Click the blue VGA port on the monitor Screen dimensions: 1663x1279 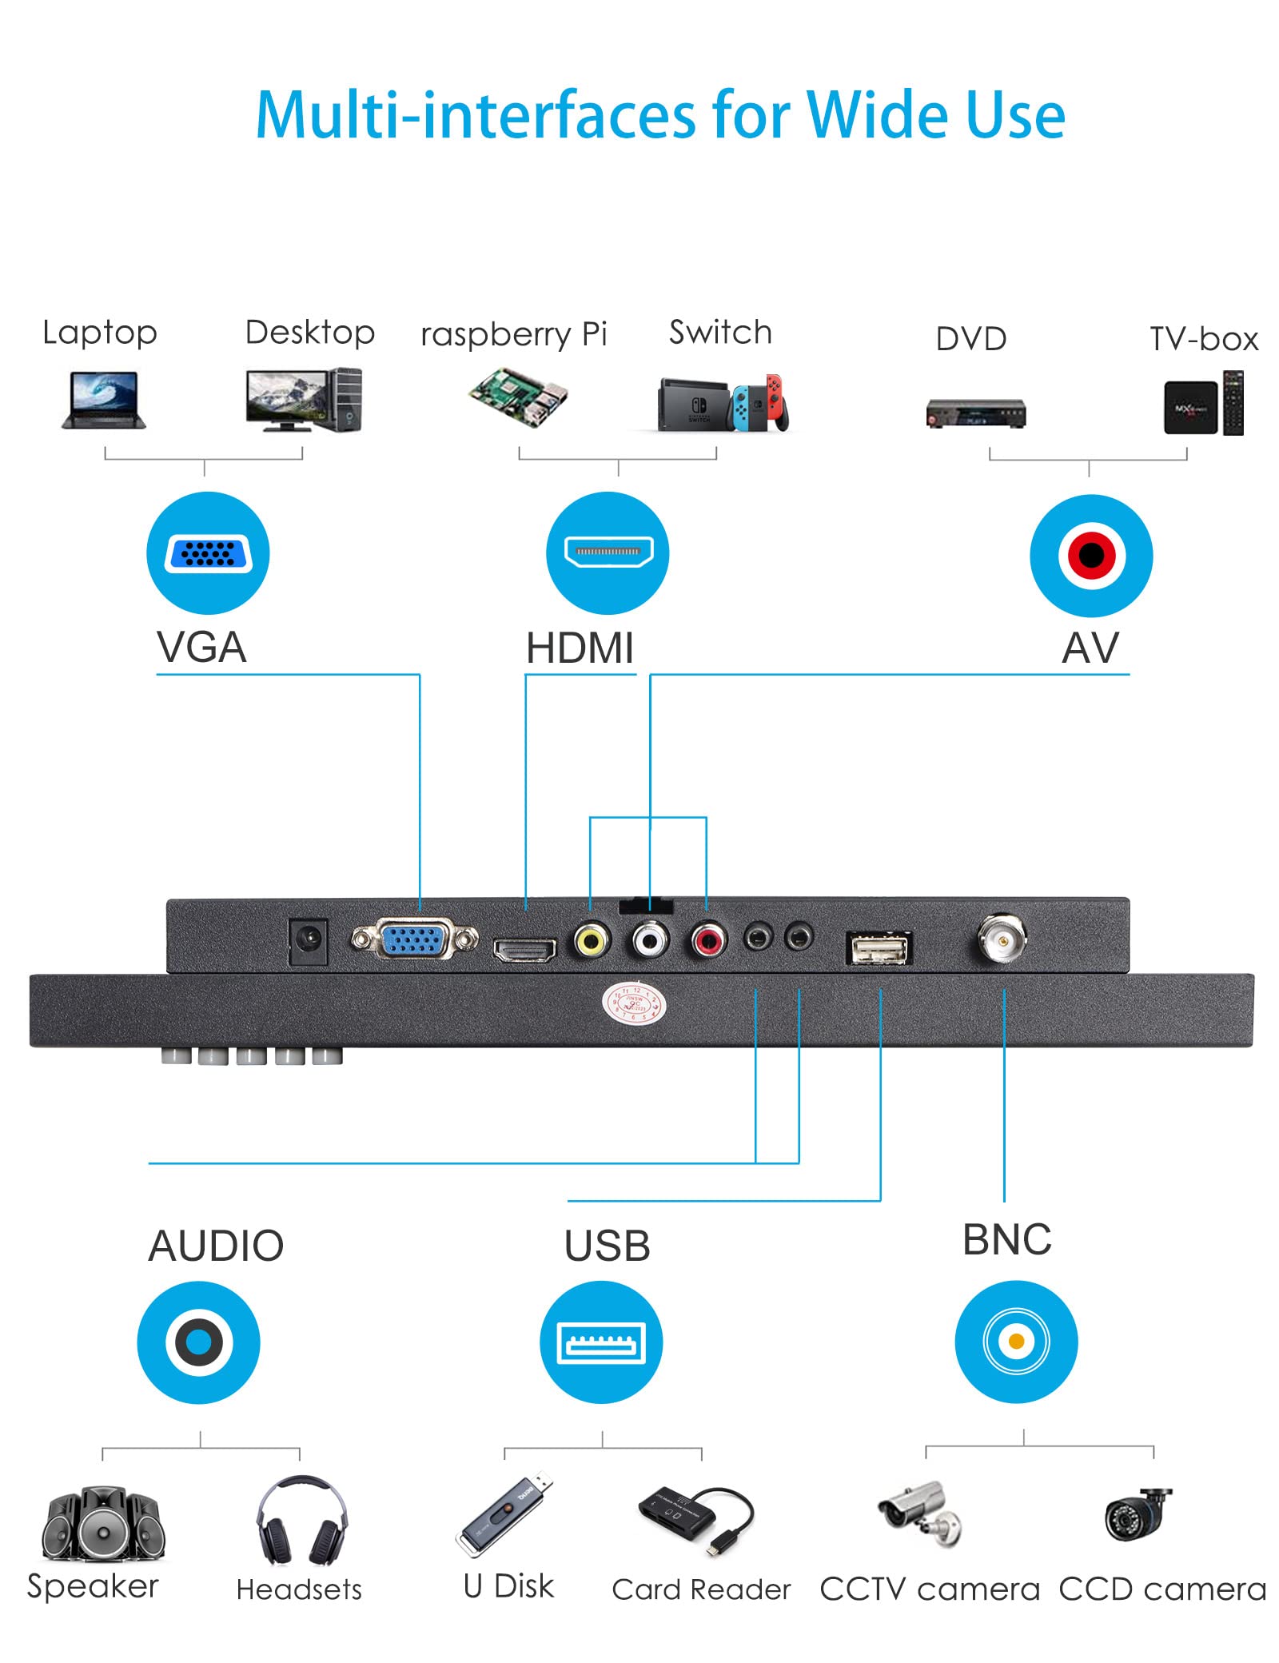coord(413,939)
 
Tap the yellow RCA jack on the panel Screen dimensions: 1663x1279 coord(591,940)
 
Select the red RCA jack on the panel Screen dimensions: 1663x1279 coord(708,940)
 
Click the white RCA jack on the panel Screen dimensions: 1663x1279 coord(650,940)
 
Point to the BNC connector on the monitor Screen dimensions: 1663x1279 coord(1001,938)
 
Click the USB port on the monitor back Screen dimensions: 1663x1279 coord(879,948)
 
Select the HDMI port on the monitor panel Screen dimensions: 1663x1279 coord(524,949)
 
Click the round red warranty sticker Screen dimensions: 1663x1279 coord(634,1003)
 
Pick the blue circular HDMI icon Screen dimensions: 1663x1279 coord(608,552)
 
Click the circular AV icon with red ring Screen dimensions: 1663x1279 coord(1091,555)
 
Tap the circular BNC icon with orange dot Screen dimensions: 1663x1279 coord(1016,1341)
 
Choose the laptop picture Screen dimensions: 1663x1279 coord(103,400)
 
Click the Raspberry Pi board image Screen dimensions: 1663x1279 coord(518,397)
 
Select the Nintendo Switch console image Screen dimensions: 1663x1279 coord(722,404)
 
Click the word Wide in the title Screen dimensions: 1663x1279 coord(876,115)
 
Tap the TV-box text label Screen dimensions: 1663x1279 coord(1203,339)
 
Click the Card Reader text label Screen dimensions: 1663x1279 coord(700,1589)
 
